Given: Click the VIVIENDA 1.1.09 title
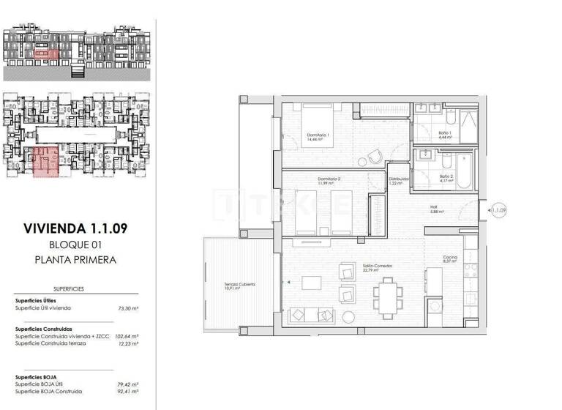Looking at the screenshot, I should (x=75, y=228).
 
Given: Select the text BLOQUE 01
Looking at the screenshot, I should (x=75, y=244).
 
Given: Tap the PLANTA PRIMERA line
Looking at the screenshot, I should (x=75, y=259).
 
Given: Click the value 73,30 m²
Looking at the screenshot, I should (x=128, y=309).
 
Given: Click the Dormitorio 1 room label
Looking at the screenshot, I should (x=318, y=135).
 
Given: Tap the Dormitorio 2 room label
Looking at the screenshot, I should (x=329, y=179).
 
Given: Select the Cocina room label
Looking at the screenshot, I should (x=449, y=258).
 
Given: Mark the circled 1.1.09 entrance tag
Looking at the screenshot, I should (x=500, y=210).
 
